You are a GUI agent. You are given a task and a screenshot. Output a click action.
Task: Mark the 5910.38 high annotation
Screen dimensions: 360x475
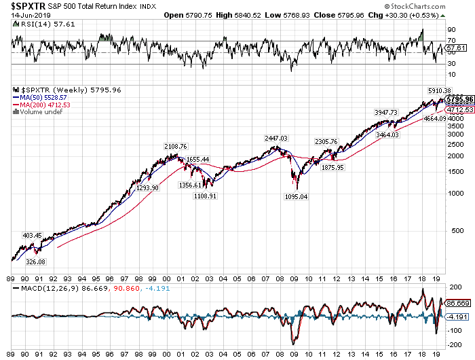440,91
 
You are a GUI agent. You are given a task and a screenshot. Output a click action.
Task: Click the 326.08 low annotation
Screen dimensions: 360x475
35,262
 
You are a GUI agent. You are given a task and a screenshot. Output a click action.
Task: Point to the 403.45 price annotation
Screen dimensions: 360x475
33,236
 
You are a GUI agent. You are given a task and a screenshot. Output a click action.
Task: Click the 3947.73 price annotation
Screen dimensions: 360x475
385,112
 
